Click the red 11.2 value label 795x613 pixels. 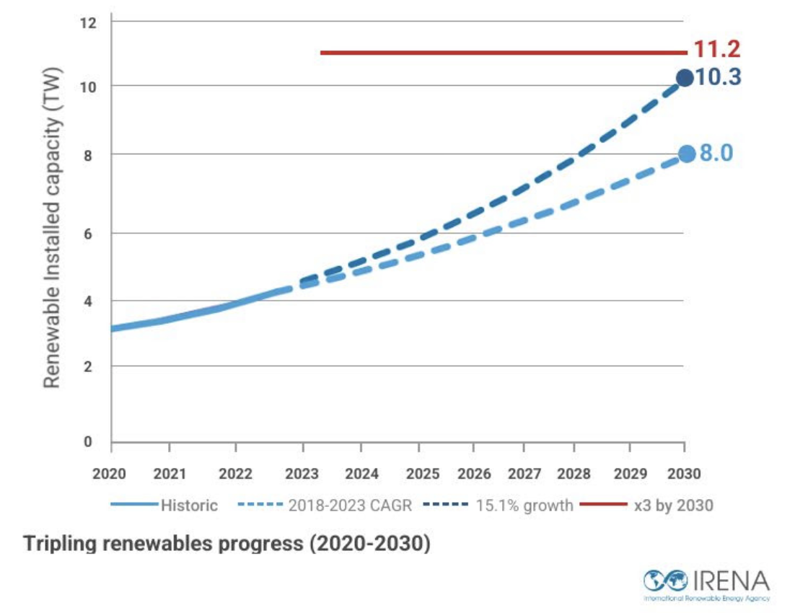pyautogui.click(x=717, y=49)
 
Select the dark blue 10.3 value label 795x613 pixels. pyautogui.click(x=718, y=77)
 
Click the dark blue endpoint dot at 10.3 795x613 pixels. pyautogui.click(x=685, y=78)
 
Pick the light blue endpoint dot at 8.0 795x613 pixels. pyautogui.click(x=686, y=154)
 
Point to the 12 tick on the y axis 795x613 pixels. pyautogui.click(x=89, y=22)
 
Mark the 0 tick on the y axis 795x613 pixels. pyautogui.click(x=89, y=441)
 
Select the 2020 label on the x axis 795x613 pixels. pyautogui.click(x=109, y=474)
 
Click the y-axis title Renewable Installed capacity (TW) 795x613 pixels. pyautogui.click(x=51, y=227)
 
